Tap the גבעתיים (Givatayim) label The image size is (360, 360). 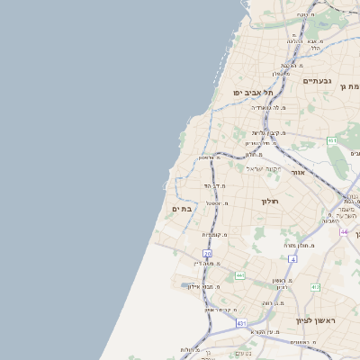(317, 81)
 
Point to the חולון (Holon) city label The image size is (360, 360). (270, 202)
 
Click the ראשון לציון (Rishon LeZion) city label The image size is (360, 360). (315, 319)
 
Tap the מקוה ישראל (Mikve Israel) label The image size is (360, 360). (264, 168)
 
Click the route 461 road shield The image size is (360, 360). (332, 140)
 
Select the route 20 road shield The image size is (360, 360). (207, 255)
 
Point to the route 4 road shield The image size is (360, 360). (292, 259)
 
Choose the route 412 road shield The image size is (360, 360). (314, 287)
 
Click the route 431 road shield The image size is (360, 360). (241, 322)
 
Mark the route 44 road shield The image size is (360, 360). (344, 232)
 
